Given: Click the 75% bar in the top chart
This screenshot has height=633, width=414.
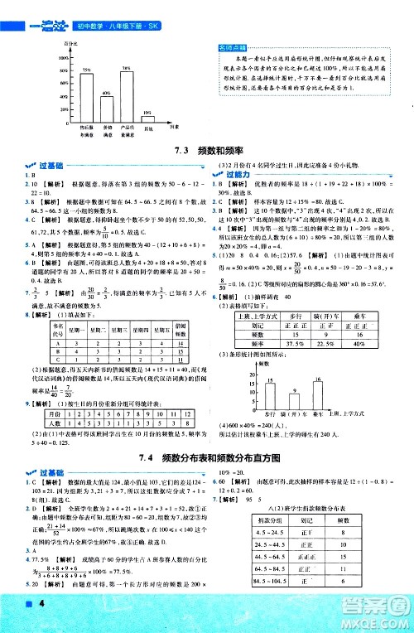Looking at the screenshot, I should pos(86,97).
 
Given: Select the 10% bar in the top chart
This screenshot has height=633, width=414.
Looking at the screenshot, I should pos(147,120).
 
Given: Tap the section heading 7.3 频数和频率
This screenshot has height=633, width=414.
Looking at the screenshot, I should pos(207,151).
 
